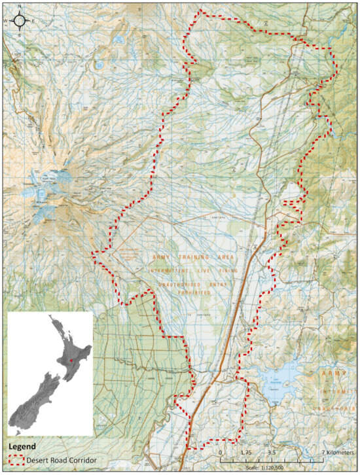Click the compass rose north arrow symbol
coord(20,21)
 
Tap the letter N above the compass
coord(20,7)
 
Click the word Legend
coord(22,448)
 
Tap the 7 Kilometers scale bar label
coord(327,452)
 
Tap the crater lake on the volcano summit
coord(41,194)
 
